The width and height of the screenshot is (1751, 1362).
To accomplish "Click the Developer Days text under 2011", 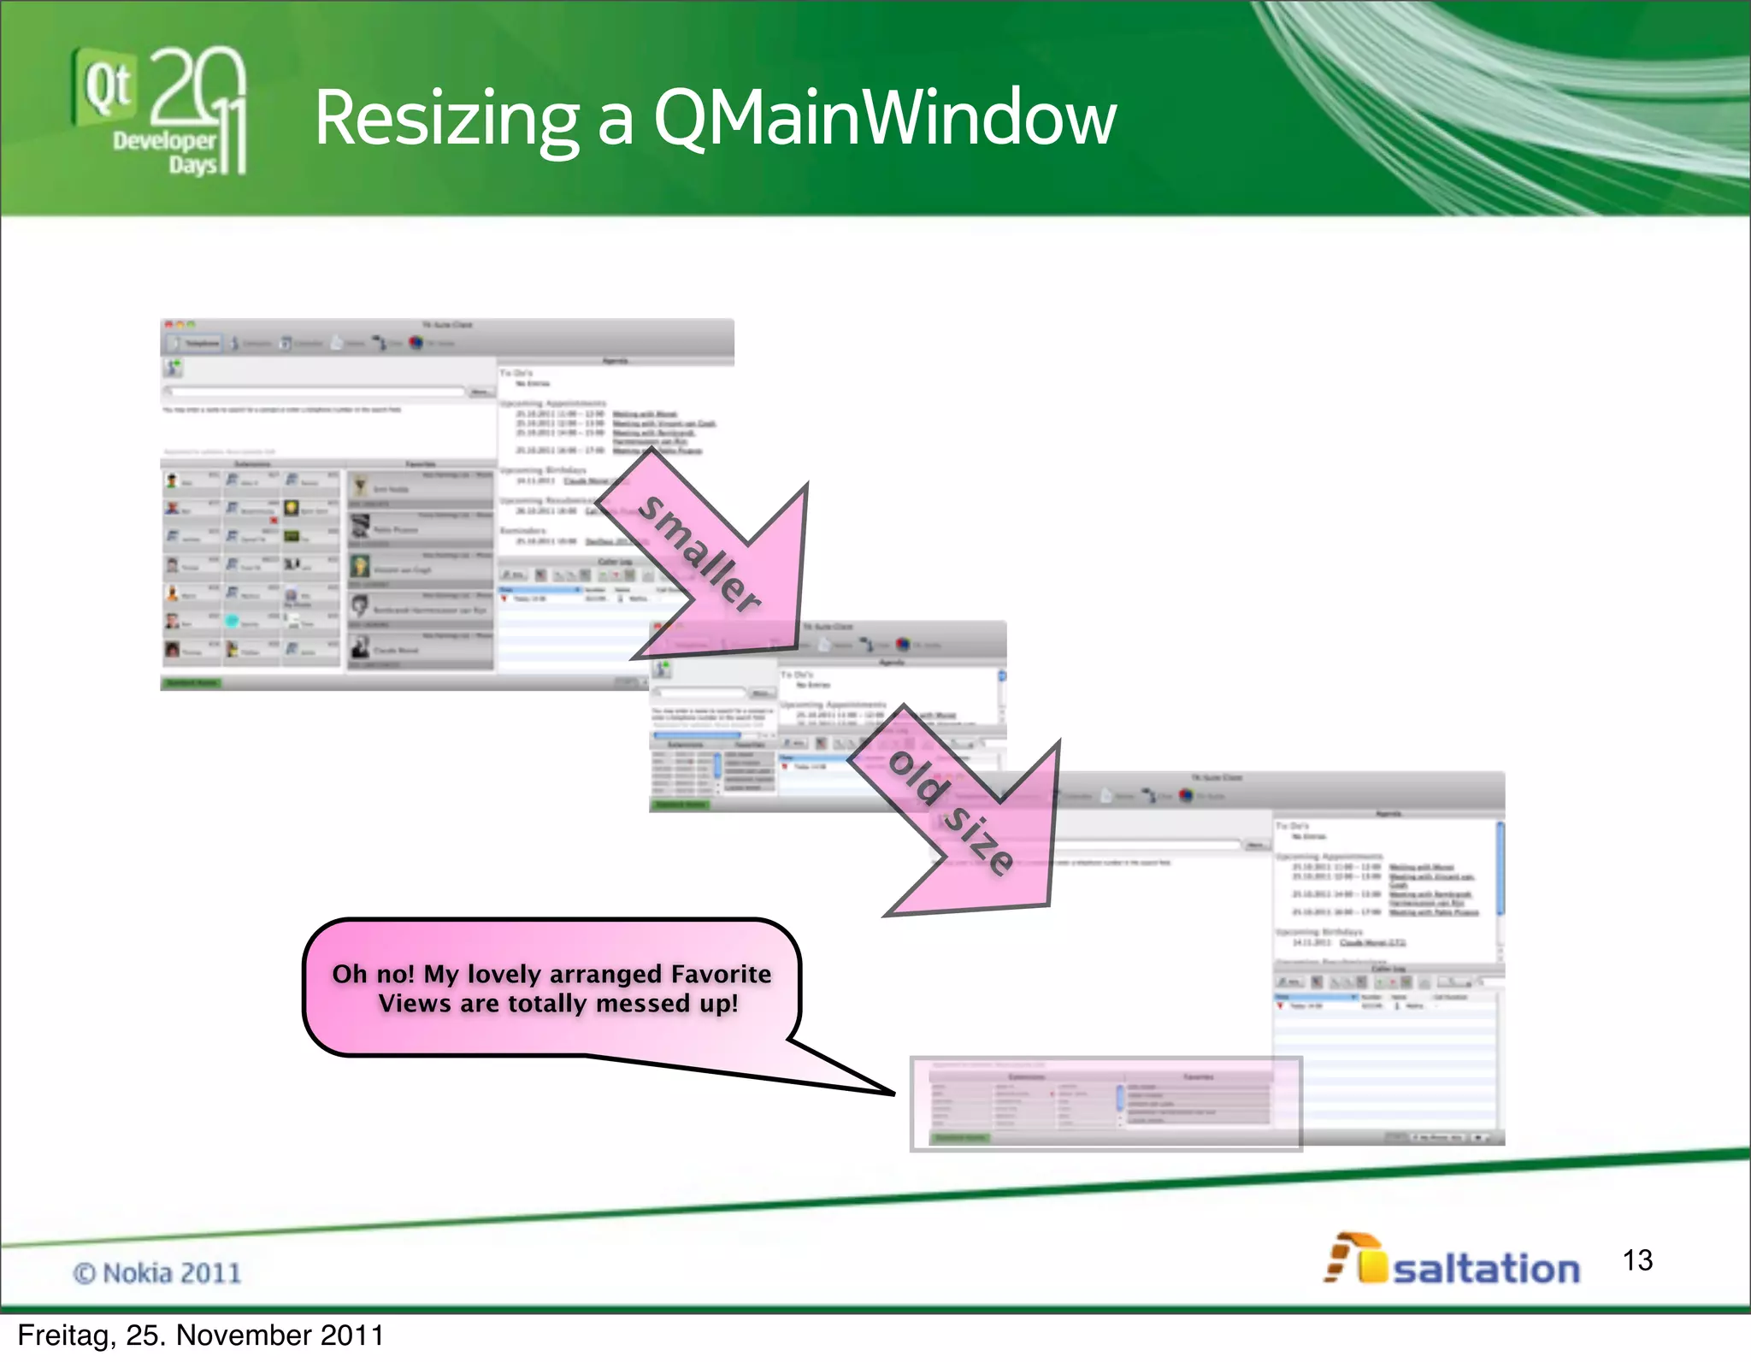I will (x=165, y=151).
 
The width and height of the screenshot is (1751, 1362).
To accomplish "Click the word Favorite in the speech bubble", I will (x=721, y=974).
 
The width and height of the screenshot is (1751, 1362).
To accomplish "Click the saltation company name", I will (x=1486, y=1269).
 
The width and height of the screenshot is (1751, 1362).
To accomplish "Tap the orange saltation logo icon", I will (x=1354, y=1259).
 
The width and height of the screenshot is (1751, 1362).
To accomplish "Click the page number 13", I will (x=1637, y=1260).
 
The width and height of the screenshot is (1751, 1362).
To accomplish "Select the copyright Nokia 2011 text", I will (x=157, y=1273).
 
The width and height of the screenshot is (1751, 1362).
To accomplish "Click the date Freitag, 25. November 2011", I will (x=201, y=1335).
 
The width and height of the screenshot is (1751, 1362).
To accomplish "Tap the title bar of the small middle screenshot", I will (x=898, y=628).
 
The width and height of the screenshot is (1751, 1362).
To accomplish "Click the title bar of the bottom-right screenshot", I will (x=1282, y=778).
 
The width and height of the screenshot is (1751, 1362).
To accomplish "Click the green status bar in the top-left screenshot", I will (x=193, y=682).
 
